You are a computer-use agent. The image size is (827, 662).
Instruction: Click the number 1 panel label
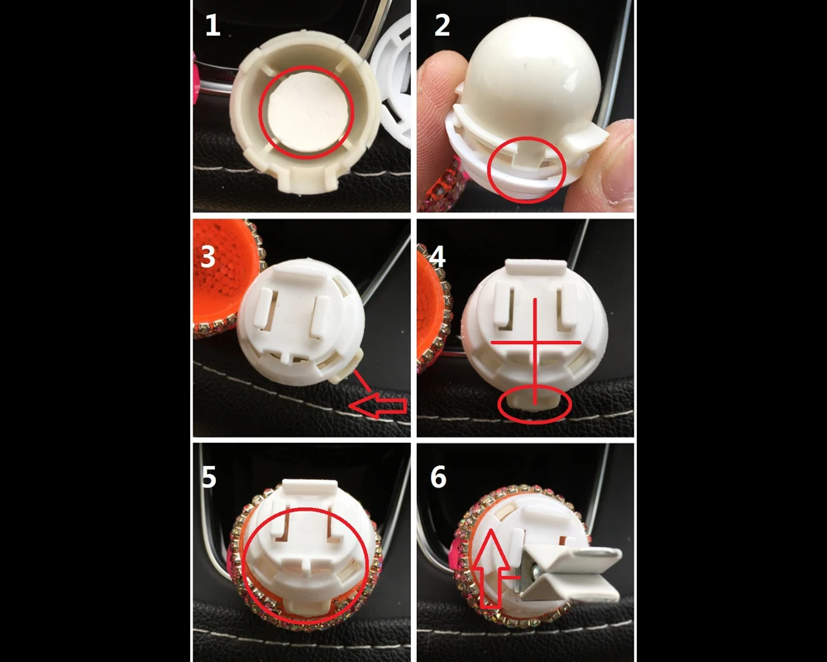point(213,26)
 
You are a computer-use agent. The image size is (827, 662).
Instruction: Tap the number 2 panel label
point(442,26)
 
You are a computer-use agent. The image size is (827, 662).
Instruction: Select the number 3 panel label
point(208,257)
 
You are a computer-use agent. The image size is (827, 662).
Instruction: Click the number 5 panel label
point(209,477)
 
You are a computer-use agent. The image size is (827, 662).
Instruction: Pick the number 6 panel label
point(438,477)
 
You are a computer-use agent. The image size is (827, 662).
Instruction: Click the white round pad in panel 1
point(305,112)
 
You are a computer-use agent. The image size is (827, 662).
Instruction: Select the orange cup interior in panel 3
point(219,275)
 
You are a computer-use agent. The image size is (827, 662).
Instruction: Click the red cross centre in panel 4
point(535,343)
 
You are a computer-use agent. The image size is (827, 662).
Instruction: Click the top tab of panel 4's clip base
point(536,267)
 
